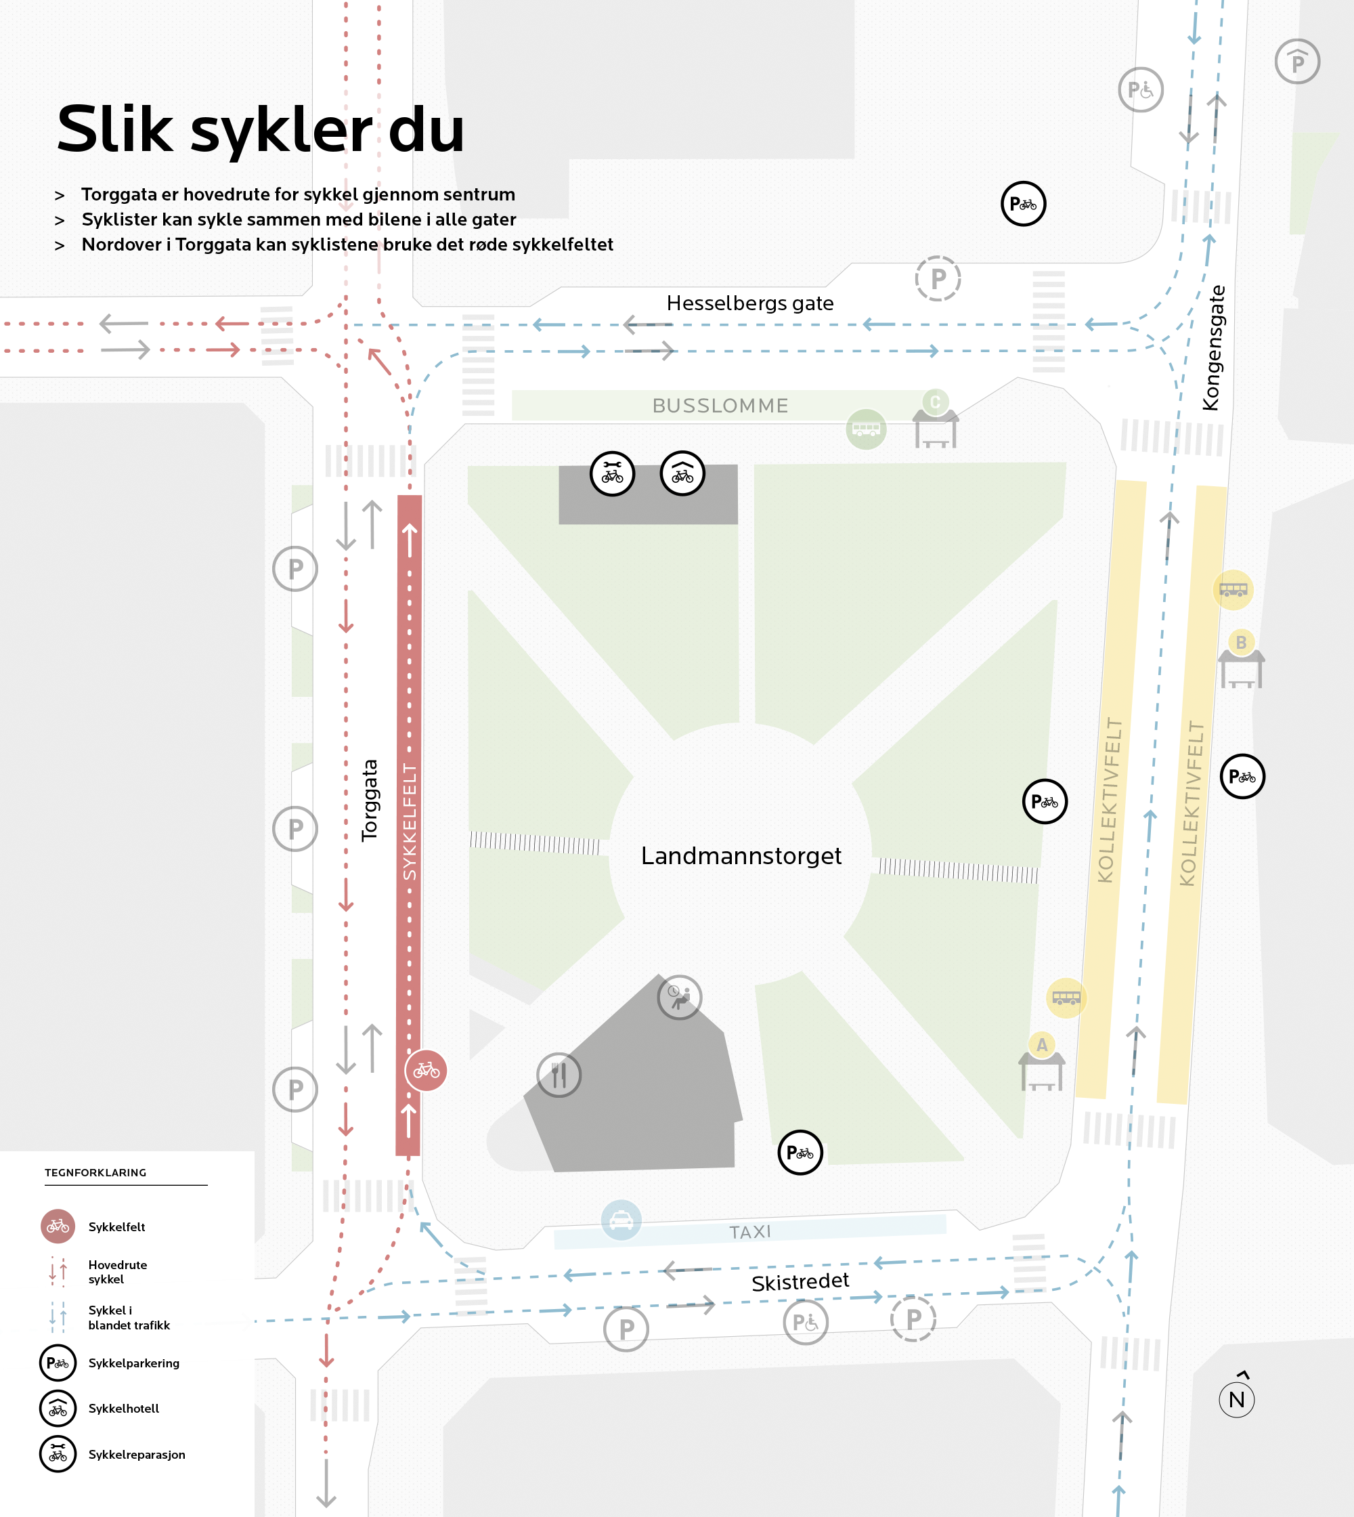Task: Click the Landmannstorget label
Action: (741, 856)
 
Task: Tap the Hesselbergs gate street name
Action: (750, 303)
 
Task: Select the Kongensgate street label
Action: (1212, 347)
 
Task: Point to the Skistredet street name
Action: (800, 1282)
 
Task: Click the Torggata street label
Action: (370, 800)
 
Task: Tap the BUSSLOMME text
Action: (720, 406)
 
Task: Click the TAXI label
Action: (750, 1232)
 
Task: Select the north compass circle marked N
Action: (1236, 1399)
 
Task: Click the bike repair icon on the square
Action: (612, 473)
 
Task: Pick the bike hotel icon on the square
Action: (682, 473)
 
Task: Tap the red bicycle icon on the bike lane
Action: (427, 1071)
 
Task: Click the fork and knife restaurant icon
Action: (559, 1075)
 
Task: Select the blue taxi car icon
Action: (621, 1220)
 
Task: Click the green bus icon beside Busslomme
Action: (866, 429)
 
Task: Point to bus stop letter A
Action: (1041, 1045)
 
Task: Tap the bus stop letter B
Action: (1241, 641)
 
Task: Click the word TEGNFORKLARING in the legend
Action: (95, 1172)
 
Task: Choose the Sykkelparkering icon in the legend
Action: (58, 1363)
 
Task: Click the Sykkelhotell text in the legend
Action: (123, 1409)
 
